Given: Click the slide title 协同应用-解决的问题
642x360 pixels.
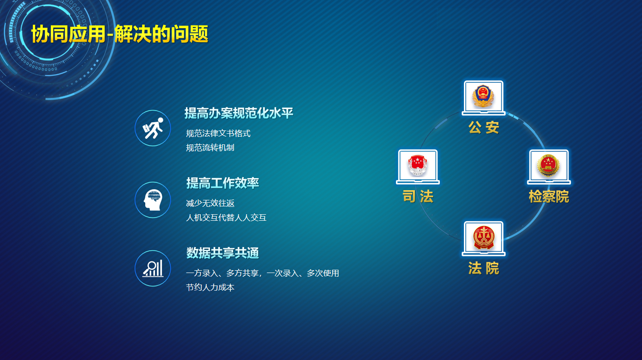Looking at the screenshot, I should (x=119, y=34).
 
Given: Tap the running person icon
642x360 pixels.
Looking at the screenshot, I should (x=153, y=128).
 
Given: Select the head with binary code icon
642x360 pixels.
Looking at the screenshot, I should (x=153, y=200).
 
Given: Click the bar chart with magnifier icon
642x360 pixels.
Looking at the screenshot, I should (x=153, y=268).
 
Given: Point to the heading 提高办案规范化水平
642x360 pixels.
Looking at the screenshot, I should (x=239, y=113).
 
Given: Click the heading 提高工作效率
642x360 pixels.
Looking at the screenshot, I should (x=222, y=183).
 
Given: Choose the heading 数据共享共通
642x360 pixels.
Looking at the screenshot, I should (x=222, y=253).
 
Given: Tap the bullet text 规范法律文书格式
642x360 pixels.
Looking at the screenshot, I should (x=218, y=133).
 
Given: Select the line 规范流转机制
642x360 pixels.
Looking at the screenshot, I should (x=210, y=148).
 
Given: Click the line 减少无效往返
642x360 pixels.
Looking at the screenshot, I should (x=210, y=203).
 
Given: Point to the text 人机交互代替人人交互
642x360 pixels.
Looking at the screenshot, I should (x=226, y=217).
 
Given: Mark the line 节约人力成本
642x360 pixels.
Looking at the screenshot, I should (x=210, y=287).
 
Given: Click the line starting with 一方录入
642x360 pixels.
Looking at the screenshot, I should (x=262, y=273).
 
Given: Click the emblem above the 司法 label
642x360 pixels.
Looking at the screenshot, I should (x=418, y=166).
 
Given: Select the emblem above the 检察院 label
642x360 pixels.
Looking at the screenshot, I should (x=549, y=165).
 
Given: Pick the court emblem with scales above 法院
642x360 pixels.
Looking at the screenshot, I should (x=483, y=237).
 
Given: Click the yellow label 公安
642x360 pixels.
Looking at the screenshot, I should (x=484, y=127).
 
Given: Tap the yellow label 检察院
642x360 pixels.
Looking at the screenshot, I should (x=549, y=197).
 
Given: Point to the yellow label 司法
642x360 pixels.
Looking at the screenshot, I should (x=418, y=197).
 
